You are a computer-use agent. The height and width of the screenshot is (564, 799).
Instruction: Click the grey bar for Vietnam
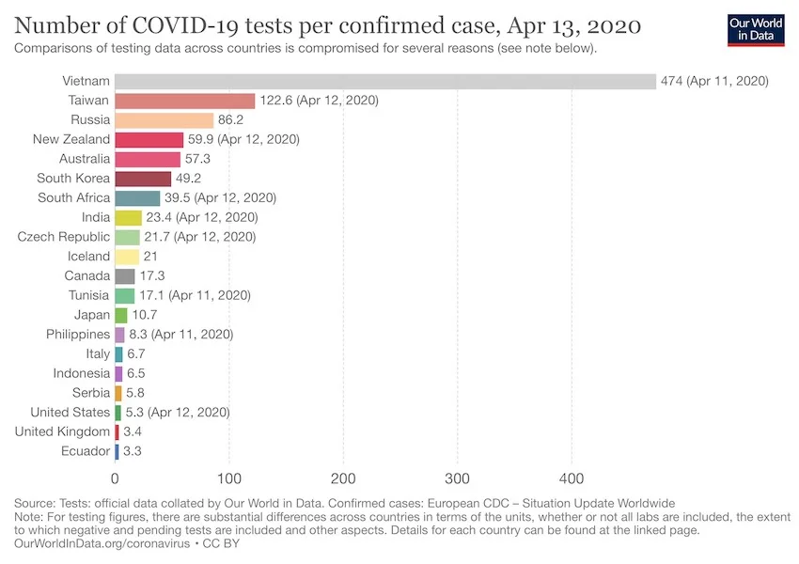[385, 81]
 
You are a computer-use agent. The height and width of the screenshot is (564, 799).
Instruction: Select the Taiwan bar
[185, 101]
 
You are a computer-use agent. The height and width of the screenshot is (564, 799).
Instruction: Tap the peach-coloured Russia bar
[164, 120]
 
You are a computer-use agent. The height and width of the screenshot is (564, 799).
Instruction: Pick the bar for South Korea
[143, 179]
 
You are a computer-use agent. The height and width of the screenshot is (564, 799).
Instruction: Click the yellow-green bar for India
[128, 218]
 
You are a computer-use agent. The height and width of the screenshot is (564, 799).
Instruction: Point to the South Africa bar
[137, 198]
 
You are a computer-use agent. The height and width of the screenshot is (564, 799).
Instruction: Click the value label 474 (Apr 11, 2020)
[714, 81]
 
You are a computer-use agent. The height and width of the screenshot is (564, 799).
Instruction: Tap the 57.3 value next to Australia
[199, 159]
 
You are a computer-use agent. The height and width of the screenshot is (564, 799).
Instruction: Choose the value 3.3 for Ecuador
[133, 451]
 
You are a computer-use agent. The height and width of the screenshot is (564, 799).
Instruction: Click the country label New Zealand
[71, 139]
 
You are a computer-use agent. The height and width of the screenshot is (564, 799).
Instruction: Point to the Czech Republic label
[64, 237]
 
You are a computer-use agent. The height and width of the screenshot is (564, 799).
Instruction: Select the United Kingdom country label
[63, 431]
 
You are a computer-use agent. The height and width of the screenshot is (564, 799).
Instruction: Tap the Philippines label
[78, 334]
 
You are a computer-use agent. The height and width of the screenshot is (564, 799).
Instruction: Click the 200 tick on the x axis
[343, 477]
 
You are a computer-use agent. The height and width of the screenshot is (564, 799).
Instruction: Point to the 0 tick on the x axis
[115, 477]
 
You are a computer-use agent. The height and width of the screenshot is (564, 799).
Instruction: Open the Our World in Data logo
[757, 29]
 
